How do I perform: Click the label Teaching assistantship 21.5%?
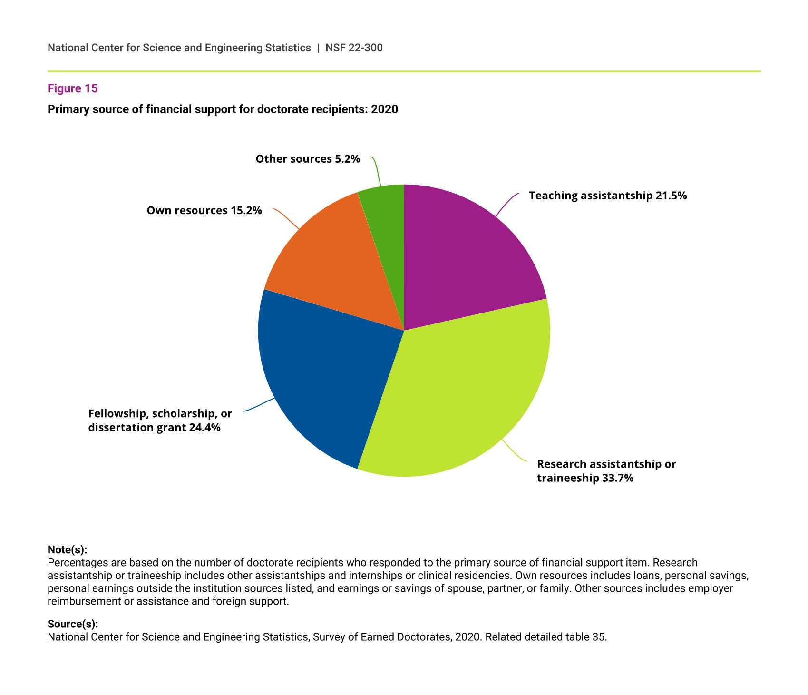[x=608, y=196]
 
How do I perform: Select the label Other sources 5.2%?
[x=308, y=159]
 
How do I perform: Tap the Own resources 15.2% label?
[x=204, y=210]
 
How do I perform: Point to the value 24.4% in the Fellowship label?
[x=204, y=428]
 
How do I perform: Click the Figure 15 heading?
[x=72, y=88]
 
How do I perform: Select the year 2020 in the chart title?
[x=384, y=109]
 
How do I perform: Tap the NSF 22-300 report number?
[x=354, y=48]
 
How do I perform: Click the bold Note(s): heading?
[x=67, y=550]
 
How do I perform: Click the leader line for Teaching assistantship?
[x=506, y=204]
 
